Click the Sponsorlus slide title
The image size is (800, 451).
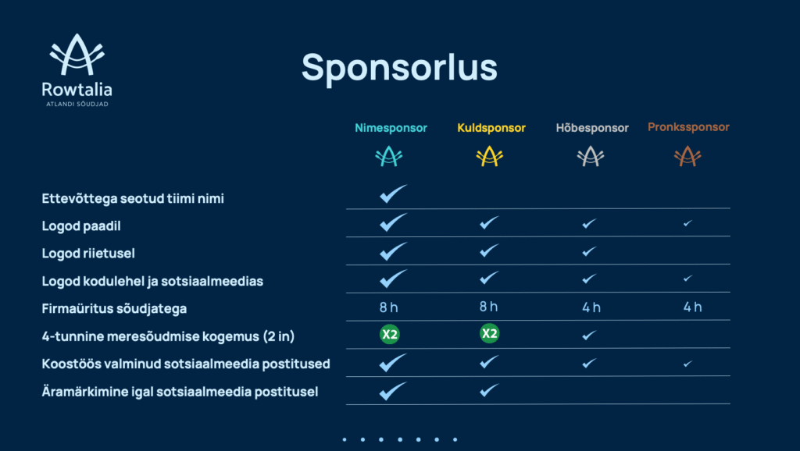pyautogui.click(x=399, y=68)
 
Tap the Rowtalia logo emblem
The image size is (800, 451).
pyautogui.click(x=77, y=55)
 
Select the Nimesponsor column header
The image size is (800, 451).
pyautogui.click(x=391, y=128)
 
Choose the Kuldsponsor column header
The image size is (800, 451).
pyautogui.click(x=491, y=128)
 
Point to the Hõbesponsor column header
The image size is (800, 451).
pyautogui.click(x=592, y=128)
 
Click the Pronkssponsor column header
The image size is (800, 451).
pyautogui.click(x=688, y=127)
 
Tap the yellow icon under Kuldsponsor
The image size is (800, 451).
pyautogui.click(x=489, y=157)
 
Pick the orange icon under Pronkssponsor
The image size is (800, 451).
pyautogui.click(x=687, y=157)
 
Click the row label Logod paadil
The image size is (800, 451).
pyautogui.click(x=81, y=225)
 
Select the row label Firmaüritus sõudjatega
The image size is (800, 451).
pyautogui.click(x=114, y=309)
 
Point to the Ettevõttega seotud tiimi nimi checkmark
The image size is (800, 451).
pyautogui.click(x=394, y=194)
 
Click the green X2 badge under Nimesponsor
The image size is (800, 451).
pyautogui.click(x=389, y=334)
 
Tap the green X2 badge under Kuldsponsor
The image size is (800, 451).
pyautogui.click(x=489, y=333)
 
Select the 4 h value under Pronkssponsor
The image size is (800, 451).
pyautogui.click(x=692, y=307)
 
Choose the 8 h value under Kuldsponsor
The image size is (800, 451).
pyautogui.click(x=488, y=307)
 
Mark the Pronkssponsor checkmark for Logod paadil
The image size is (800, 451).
pyautogui.click(x=687, y=223)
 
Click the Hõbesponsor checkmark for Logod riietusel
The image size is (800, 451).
pyautogui.click(x=589, y=251)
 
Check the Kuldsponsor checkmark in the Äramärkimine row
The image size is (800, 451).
pyautogui.click(x=489, y=390)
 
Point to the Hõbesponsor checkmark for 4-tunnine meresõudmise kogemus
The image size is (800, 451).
pyautogui.click(x=589, y=335)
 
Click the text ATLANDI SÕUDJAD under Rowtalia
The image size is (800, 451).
pyautogui.click(x=77, y=104)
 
